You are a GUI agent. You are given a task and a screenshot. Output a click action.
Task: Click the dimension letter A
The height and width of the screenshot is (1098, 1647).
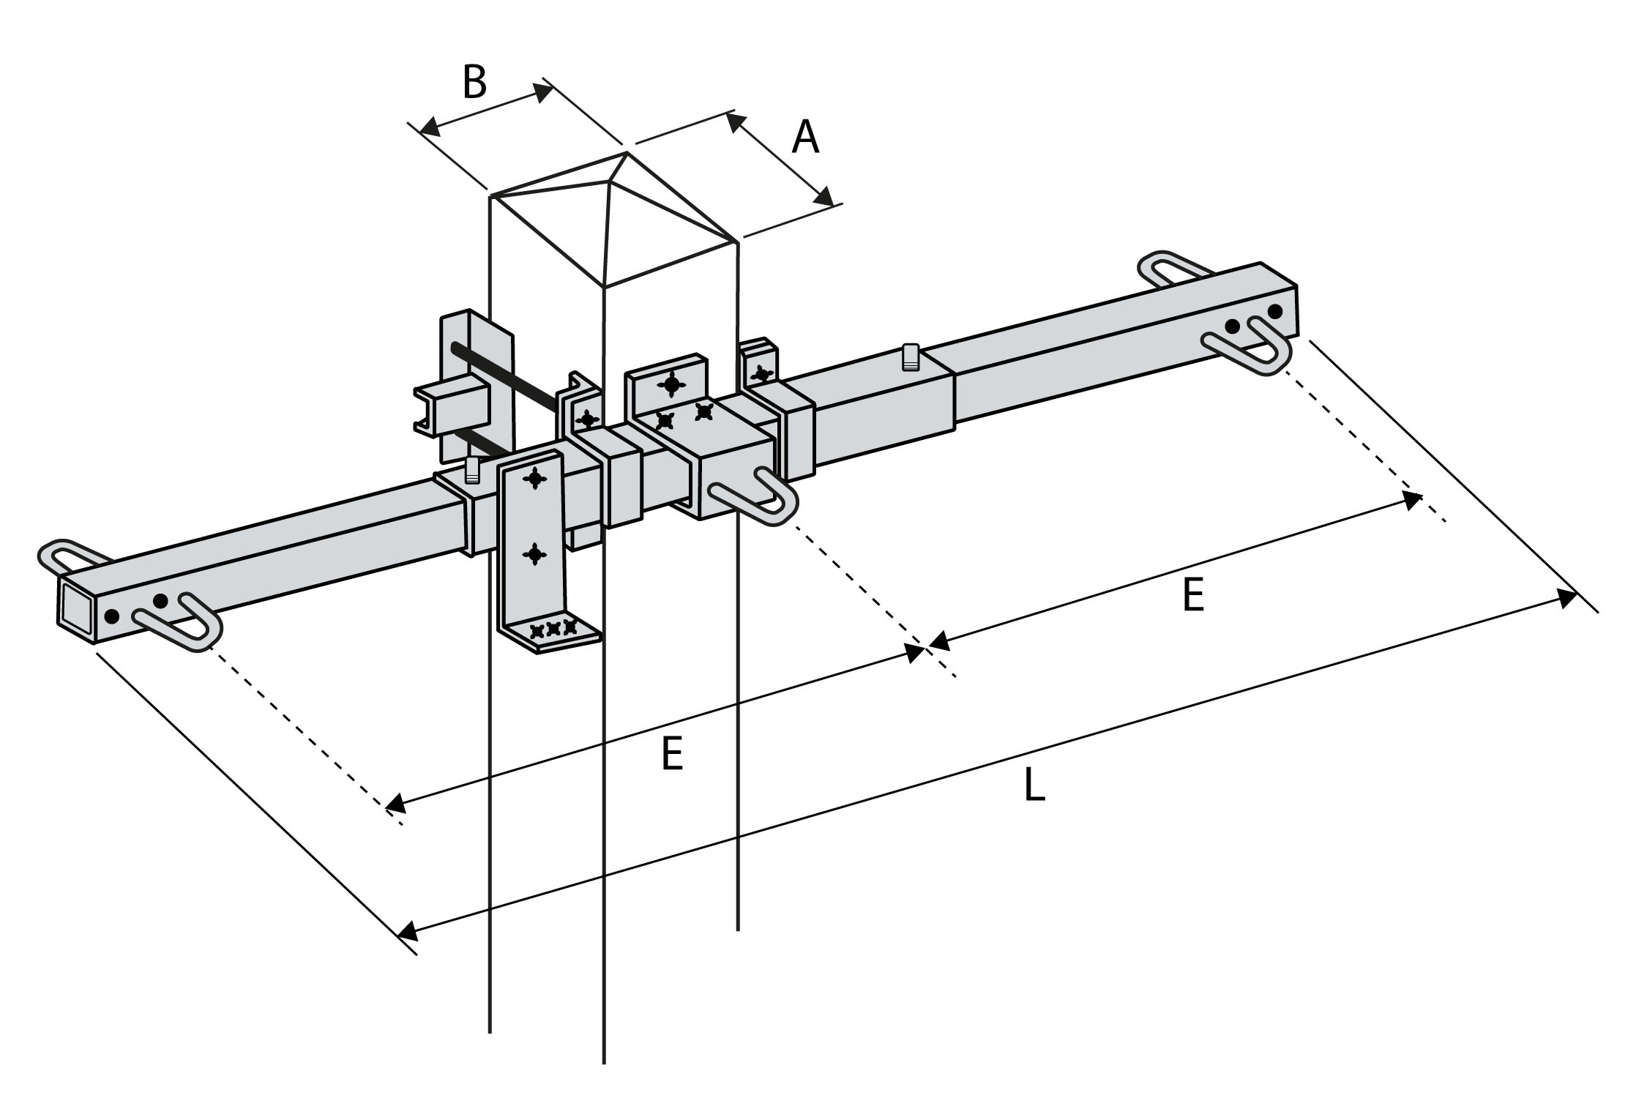[805, 138]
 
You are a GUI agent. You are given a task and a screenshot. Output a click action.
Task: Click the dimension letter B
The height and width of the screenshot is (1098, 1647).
[474, 82]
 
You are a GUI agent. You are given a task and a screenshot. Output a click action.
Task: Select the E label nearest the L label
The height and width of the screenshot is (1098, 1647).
[1192, 594]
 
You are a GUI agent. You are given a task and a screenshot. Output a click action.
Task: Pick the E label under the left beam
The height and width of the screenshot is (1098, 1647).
[671, 754]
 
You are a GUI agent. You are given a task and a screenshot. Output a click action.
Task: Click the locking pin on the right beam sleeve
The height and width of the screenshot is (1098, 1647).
[910, 356]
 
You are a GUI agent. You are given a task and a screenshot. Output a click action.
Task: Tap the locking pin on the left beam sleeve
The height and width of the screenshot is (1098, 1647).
[472, 469]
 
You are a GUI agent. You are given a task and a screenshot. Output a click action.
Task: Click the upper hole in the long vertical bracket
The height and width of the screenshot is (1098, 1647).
[535, 479]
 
